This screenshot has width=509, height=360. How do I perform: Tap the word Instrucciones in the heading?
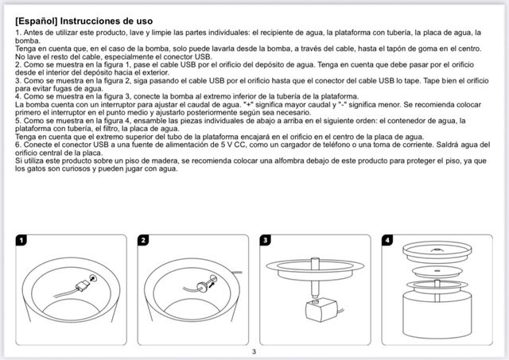click(99, 18)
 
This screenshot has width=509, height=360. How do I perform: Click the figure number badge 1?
click(21, 239)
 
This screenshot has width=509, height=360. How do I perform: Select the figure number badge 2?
click(143, 239)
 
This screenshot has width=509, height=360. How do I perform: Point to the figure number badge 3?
click(265, 239)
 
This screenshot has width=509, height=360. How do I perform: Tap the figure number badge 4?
click(387, 239)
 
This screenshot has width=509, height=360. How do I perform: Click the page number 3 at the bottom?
click(254, 351)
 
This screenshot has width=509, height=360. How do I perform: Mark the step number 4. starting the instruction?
click(18, 96)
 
